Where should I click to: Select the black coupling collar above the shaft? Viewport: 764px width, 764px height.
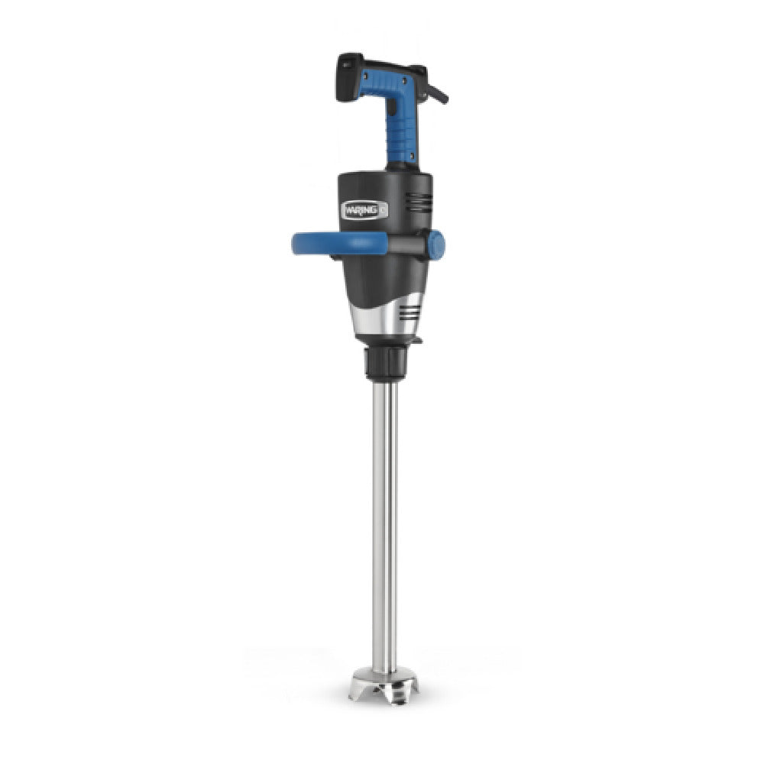pos(389,364)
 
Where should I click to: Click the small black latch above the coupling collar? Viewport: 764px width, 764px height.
pos(416,338)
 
